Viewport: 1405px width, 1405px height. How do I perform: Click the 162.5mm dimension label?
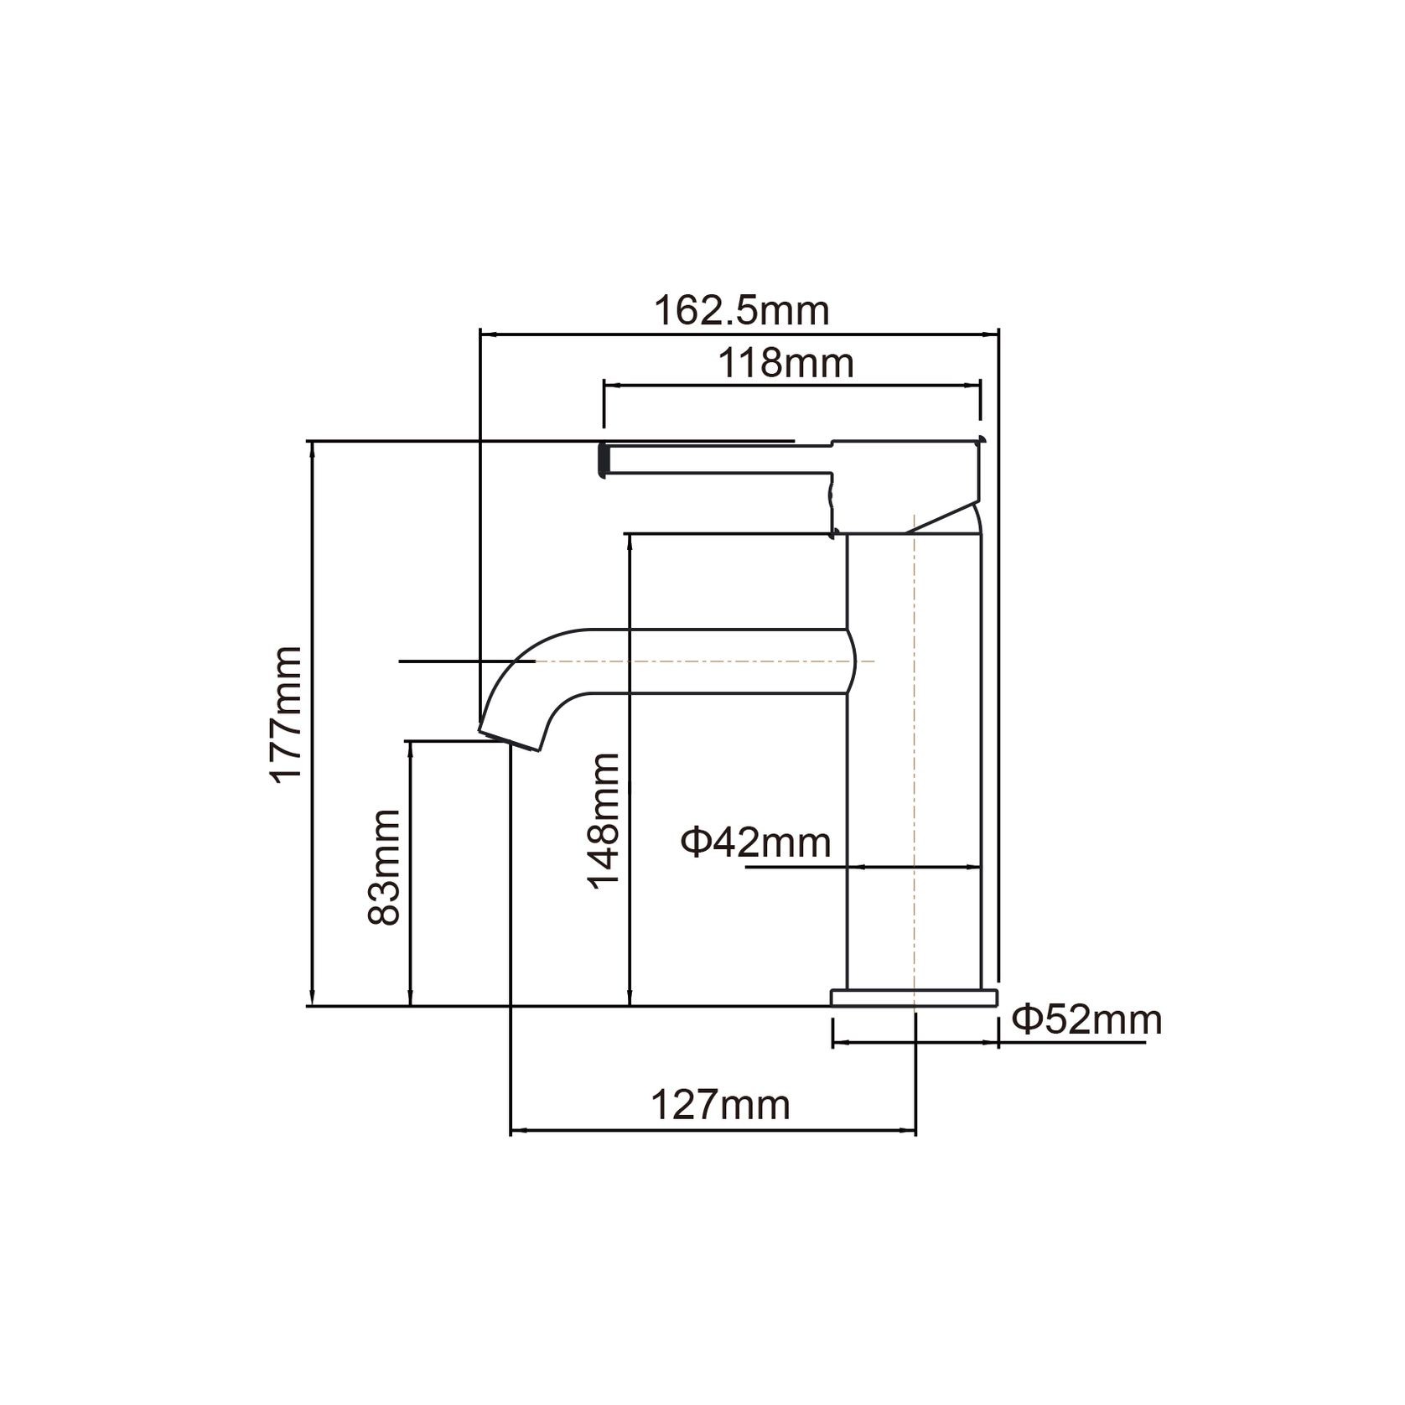(741, 311)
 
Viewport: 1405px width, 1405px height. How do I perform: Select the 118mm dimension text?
(786, 364)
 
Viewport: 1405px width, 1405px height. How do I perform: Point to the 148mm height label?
(603, 821)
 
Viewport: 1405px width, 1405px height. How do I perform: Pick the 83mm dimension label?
(384, 867)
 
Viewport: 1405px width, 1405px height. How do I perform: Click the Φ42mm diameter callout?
(755, 842)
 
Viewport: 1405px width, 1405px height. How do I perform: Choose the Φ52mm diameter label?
(1086, 1020)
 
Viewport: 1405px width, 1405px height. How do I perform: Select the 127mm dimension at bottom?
(720, 1106)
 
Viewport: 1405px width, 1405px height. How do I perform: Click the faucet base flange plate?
(914, 997)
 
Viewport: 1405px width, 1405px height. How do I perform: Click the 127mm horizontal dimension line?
(713, 1132)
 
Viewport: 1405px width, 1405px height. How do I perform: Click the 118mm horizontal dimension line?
(791, 386)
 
